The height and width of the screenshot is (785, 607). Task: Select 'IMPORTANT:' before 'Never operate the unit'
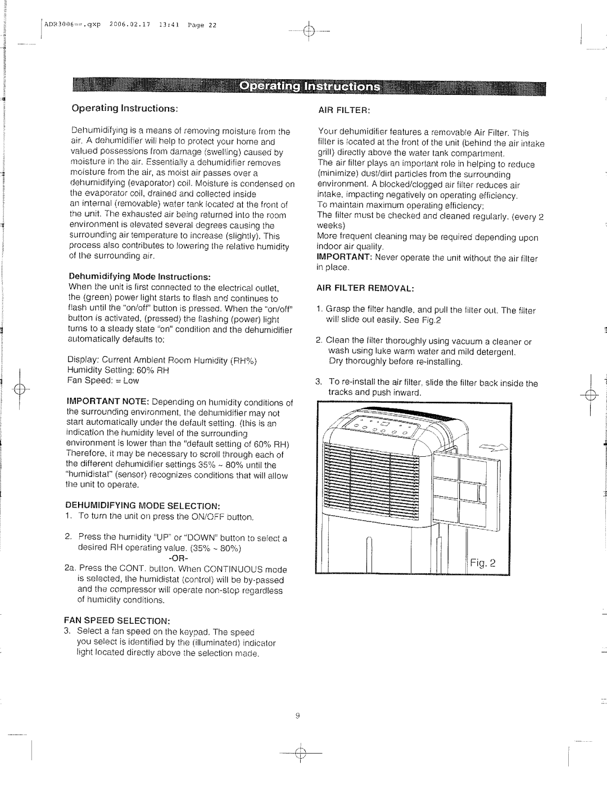tap(345, 258)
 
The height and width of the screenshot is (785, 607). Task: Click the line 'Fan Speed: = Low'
tap(103, 380)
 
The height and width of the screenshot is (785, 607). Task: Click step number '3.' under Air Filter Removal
tap(319, 383)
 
